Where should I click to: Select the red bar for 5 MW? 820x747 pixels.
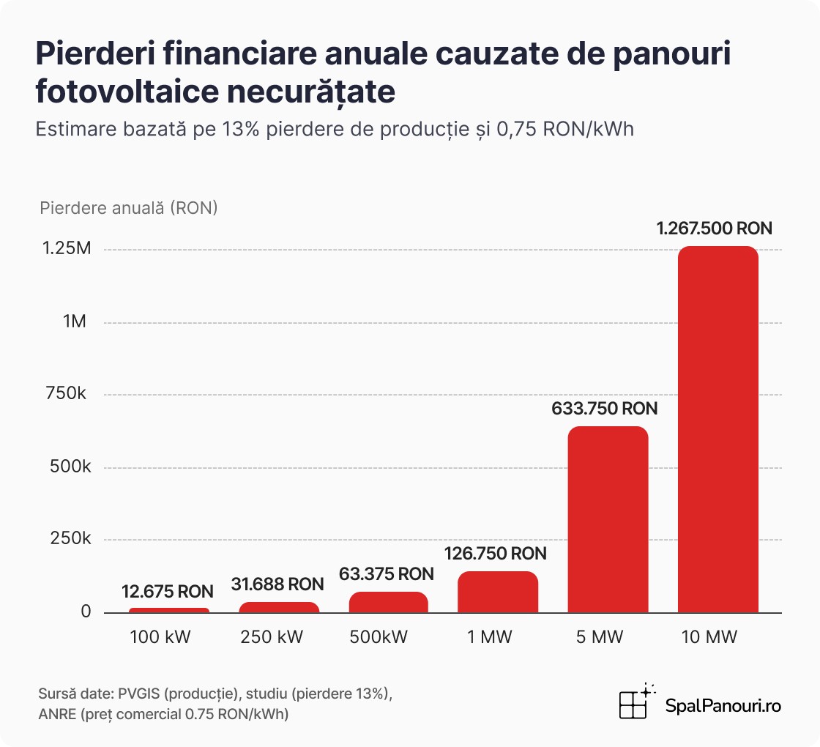(x=608, y=519)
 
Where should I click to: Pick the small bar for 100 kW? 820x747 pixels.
(x=169, y=609)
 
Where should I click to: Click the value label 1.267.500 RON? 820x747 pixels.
(x=715, y=228)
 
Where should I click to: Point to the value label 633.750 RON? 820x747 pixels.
(x=605, y=409)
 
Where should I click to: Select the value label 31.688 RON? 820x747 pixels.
(x=277, y=584)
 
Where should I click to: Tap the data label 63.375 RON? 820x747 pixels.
(x=387, y=573)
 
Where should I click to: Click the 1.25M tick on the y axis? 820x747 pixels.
(x=66, y=249)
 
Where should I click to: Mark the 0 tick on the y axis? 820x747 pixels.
(x=86, y=612)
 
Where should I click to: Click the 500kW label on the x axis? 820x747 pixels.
(x=387, y=637)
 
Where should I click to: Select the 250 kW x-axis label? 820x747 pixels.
(x=277, y=637)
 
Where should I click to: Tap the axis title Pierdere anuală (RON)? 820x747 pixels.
(x=129, y=208)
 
